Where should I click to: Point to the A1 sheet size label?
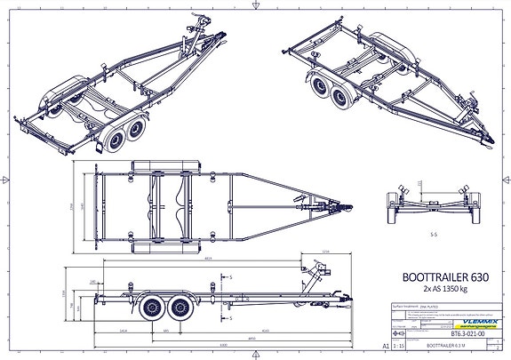[385, 341]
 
